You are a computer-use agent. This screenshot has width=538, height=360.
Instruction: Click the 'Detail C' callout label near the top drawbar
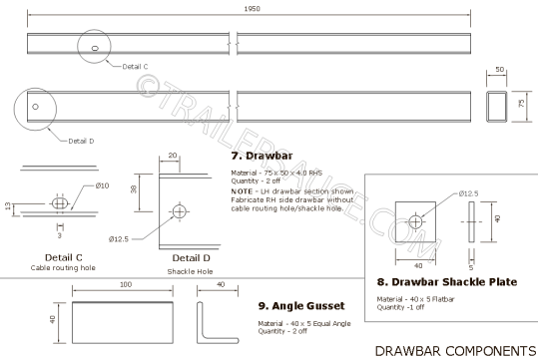pyautogui.click(x=136, y=66)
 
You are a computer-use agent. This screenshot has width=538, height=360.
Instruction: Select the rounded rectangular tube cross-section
pyautogui.click(x=499, y=104)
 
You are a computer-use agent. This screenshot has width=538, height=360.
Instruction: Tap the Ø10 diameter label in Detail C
pyautogui.click(x=102, y=185)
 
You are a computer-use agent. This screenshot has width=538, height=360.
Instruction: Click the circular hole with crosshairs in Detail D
pyautogui.click(x=181, y=210)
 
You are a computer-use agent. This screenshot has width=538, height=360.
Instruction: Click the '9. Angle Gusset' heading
pyautogui.click(x=300, y=305)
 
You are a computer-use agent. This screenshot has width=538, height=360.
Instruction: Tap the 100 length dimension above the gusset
pyautogui.click(x=126, y=285)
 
